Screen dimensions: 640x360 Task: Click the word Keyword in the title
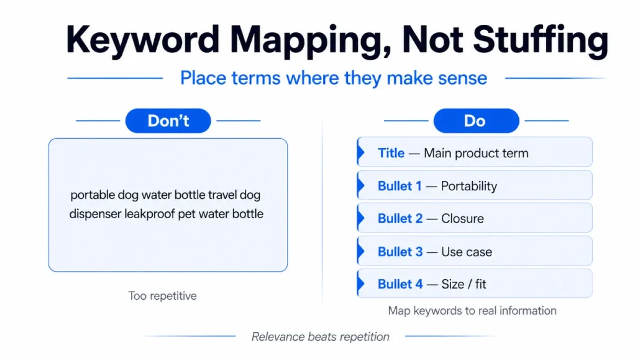tap(143, 40)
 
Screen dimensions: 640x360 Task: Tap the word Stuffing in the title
tap(541, 40)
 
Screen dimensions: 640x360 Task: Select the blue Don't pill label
tap(168, 121)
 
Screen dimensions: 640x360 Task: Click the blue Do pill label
tap(476, 121)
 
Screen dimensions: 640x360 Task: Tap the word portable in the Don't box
tap(93, 195)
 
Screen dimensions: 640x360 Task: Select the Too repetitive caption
tap(162, 295)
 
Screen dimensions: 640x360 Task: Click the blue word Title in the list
tap(391, 153)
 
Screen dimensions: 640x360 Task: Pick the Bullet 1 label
tap(400, 186)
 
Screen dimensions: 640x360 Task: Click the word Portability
tap(469, 187)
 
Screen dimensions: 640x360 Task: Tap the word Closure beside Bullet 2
tap(462, 219)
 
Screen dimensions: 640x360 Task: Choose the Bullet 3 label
tap(400, 252)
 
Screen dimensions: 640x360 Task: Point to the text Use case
tap(467, 252)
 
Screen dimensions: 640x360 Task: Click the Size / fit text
tap(464, 284)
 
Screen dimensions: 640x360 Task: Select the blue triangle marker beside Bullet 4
tap(360, 283)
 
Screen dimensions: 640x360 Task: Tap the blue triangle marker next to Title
tap(360, 152)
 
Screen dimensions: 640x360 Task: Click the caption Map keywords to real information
tap(472, 310)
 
